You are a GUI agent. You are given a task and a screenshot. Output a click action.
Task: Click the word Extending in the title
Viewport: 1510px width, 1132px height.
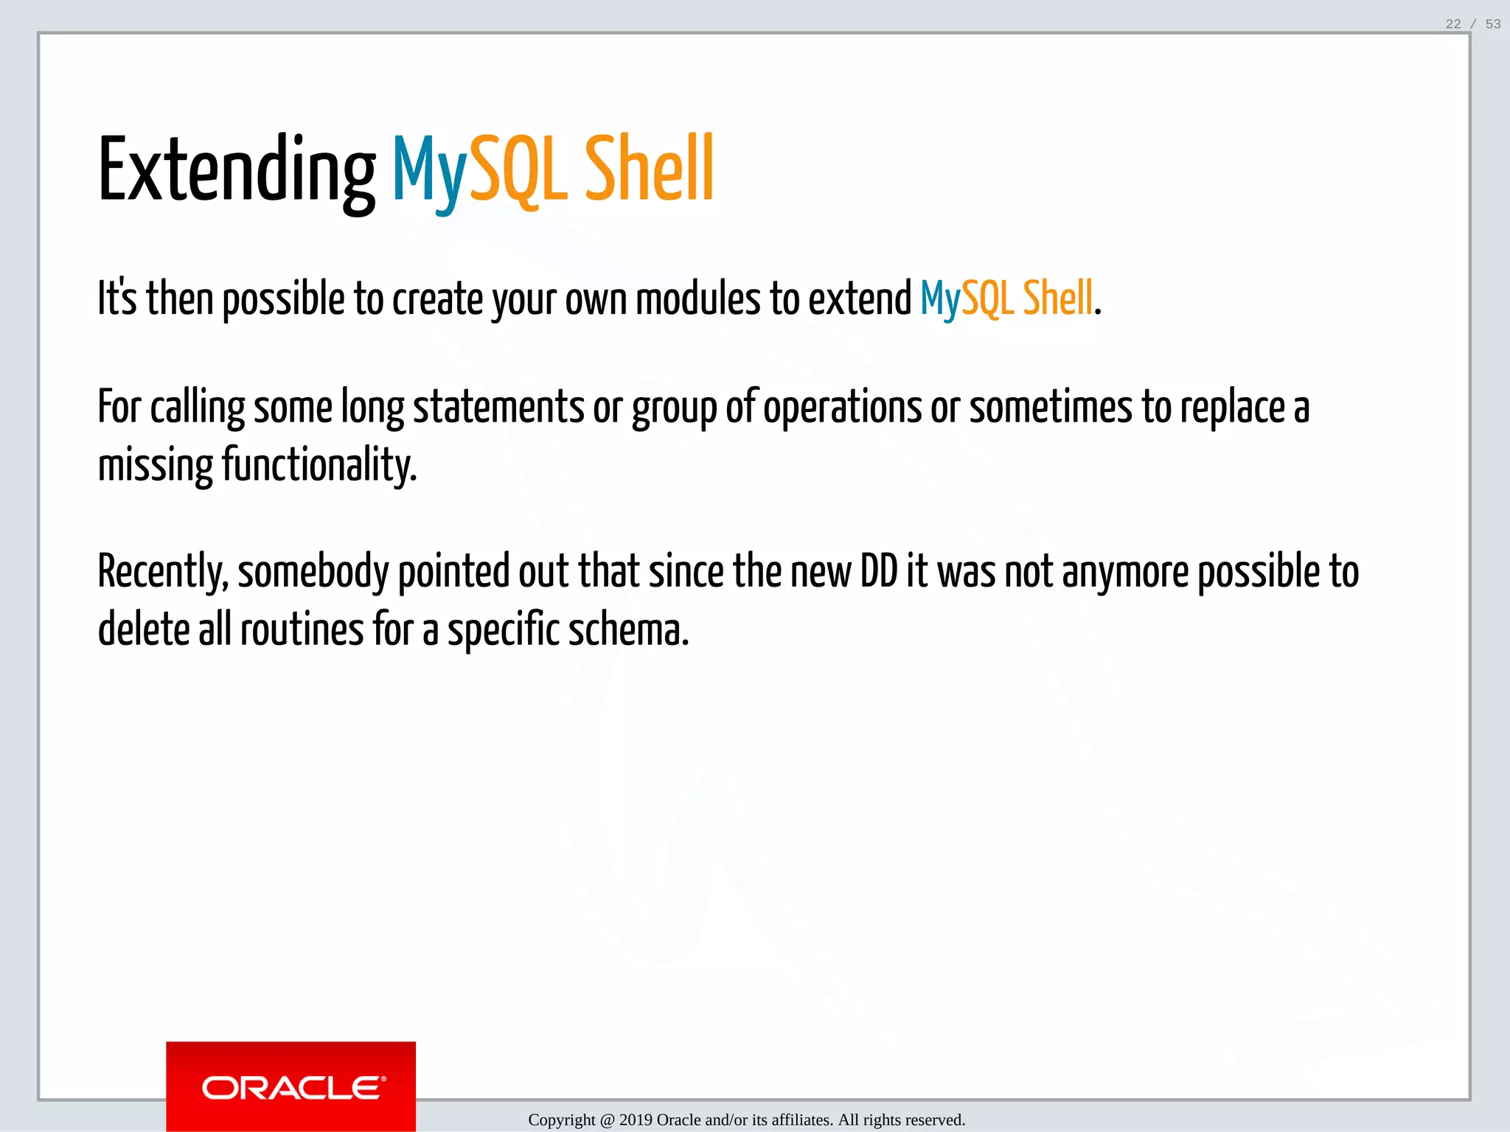click(236, 171)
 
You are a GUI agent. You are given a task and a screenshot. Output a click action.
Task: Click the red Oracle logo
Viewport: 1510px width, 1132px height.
click(290, 1087)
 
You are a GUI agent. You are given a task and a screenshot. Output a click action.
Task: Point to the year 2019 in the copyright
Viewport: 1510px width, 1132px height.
click(636, 1120)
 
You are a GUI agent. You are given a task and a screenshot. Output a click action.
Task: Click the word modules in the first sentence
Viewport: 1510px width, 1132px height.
click(697, 298)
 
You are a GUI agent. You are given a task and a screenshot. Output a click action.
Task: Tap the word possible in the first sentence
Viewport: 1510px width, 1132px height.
click(283, 298)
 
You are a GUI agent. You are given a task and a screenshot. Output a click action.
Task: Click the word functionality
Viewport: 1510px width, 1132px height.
click(319, 465)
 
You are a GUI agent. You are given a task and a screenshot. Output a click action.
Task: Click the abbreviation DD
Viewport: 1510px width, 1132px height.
click(879, 571)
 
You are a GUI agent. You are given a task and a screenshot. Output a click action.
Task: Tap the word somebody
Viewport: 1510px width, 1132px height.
click(313, 571)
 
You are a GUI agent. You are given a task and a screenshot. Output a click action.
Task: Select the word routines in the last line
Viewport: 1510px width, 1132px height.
click(302, 630)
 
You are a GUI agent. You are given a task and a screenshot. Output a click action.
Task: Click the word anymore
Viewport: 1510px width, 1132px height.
click(1125, 571)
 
